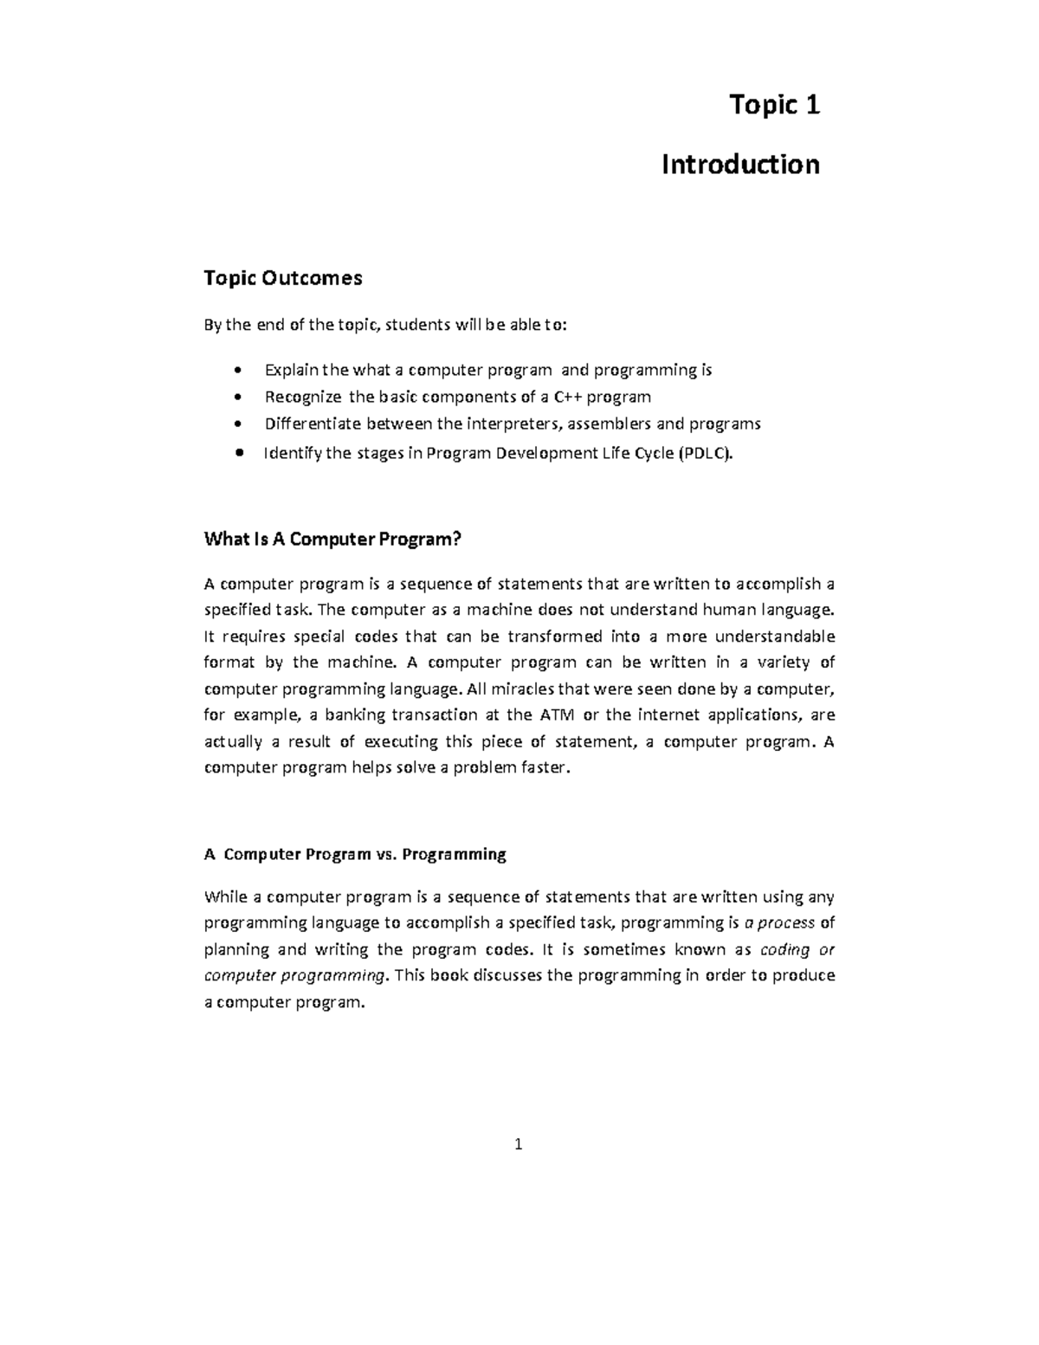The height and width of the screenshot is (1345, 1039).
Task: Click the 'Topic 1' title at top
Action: (x=774, y=105)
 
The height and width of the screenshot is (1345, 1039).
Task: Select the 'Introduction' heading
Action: (x=739, y=164)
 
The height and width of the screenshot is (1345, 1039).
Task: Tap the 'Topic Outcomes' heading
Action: (x=282, y=278)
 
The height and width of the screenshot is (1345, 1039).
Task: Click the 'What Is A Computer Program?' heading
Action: (x=332, y=540)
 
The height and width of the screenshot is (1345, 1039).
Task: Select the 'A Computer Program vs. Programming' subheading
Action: (x=355, y=854)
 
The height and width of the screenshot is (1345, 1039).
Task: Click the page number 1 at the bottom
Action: (x=518, y=1145)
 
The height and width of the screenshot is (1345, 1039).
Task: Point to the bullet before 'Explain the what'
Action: (x=238, y=372)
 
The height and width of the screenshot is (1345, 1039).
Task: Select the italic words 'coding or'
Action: (x=797, y=949)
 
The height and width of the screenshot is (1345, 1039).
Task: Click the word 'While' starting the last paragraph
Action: (x=225, y=896)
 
